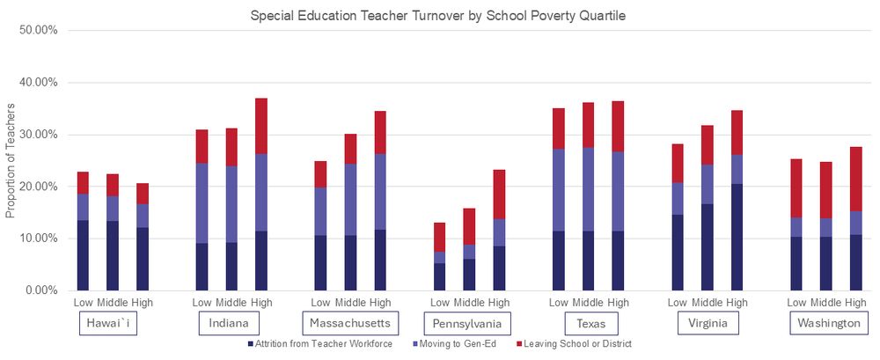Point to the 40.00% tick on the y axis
pos(38,83)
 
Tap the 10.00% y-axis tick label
pos(38,239)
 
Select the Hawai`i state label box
pos(106,323)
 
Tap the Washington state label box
pos(828,323)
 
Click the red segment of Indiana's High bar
pos(260,126)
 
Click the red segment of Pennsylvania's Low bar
pos(439,237)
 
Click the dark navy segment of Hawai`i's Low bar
pos(83,255)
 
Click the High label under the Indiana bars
pos(260,302)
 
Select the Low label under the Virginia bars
pos(677,302)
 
